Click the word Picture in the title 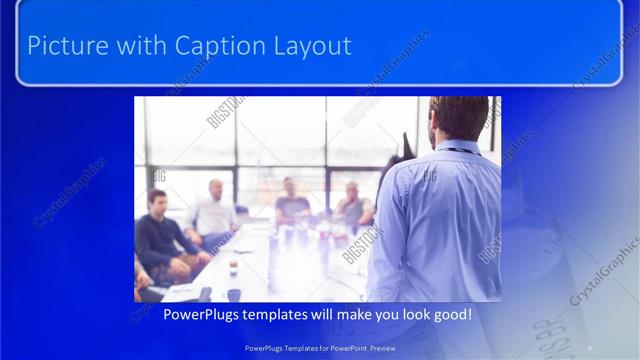click(x=62, y=46)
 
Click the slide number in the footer click(x=589, y=347)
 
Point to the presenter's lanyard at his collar click(x=460, y=150)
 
